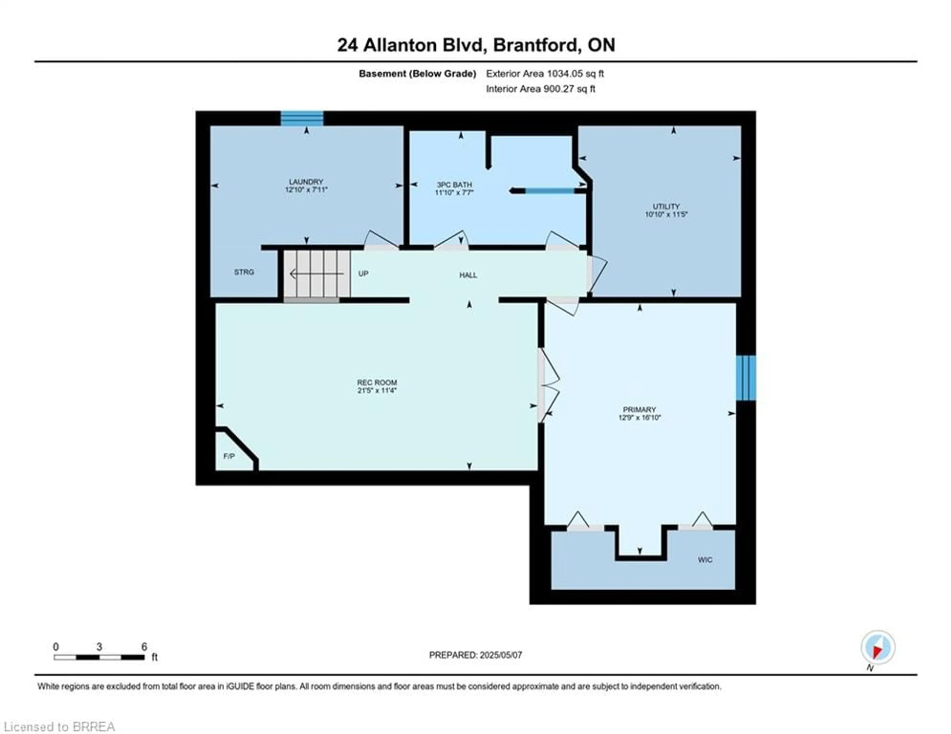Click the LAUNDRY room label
tap(306, 182)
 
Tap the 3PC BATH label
tap(454, 184)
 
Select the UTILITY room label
tap(666, 206)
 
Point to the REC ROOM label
tap(377, 383)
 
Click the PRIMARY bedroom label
tap(639, 410)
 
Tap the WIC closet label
tap(705, 560)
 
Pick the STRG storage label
tap(244, 272)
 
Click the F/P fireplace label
tap(229, 456)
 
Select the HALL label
tap(468, 275)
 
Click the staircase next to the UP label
tap(317, 274)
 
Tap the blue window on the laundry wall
tap(302, 118)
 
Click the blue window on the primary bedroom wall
tap(746, 377)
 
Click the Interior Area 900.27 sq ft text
tap(540, 89)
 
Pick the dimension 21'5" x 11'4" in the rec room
tap(377, 391)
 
